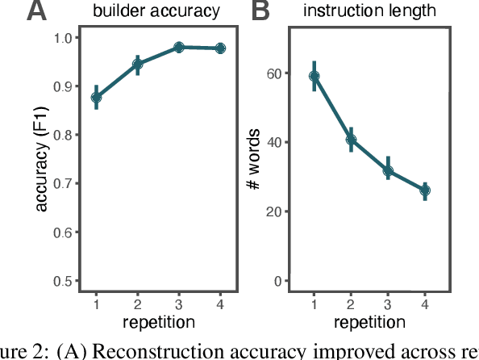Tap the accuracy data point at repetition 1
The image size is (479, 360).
pyautogui.click(x=96, y=98)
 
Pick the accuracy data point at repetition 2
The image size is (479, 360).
pyautogui.click(x=137, y=64)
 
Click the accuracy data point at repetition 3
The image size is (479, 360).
pyautogui.click(x=179, y=48)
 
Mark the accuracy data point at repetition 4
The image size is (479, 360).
pyautogui.click(x=220, y=48)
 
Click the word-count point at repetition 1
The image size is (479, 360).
pyautogui.click(x=314, y=76)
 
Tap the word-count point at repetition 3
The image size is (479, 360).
pyautogui.click(x=389, y=171)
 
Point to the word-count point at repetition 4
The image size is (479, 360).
pyautogui.click(x=426, y=190)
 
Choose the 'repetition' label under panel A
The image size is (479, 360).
pyautogui.click(x=158, y=322)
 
